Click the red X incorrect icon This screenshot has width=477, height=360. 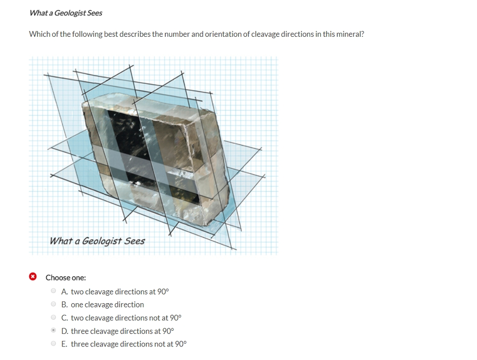[33, 277]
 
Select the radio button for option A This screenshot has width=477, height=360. [54, 291]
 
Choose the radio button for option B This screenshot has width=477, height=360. [54, 304]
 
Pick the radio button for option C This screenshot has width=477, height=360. [54, 318]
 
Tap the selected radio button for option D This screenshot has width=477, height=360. [54, 330]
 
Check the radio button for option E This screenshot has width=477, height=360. [54, 344]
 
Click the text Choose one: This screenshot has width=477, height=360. [66, 278]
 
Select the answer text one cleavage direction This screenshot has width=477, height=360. [108, 305]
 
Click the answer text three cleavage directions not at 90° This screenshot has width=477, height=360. [129, 344]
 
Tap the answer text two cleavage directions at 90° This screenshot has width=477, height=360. [120, 292]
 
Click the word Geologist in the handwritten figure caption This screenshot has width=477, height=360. [102, 241]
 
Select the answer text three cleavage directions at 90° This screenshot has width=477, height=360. [123, 331]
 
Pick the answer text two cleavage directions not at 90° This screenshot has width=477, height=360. [126, 318]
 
